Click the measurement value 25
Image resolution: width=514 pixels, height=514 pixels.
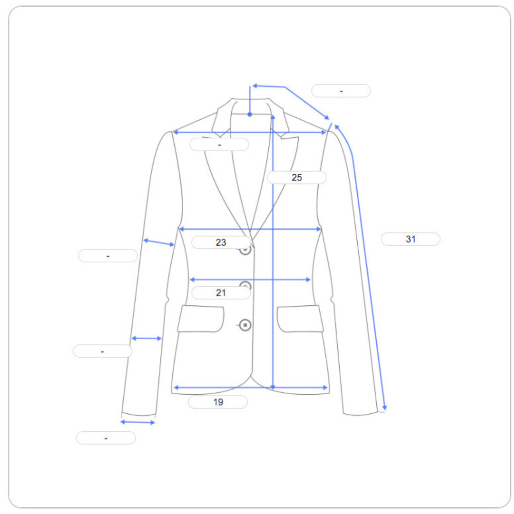tap(297, 177)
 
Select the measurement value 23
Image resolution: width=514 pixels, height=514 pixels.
tap(221, 242)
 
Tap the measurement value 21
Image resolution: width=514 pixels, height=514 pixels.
tap(221, 293)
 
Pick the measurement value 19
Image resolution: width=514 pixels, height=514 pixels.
tap(218, 402)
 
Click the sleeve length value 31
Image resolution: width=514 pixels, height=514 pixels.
tap(410, 239)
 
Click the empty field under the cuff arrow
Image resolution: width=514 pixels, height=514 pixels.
tap(106, 437)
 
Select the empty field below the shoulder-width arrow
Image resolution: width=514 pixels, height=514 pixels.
tap(219, 144)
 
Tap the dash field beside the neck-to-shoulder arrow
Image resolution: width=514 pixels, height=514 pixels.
tap(341, 90)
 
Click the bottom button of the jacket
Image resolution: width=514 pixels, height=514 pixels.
tap(245, 325)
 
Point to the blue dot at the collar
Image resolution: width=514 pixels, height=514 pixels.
tap(250, 115)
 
